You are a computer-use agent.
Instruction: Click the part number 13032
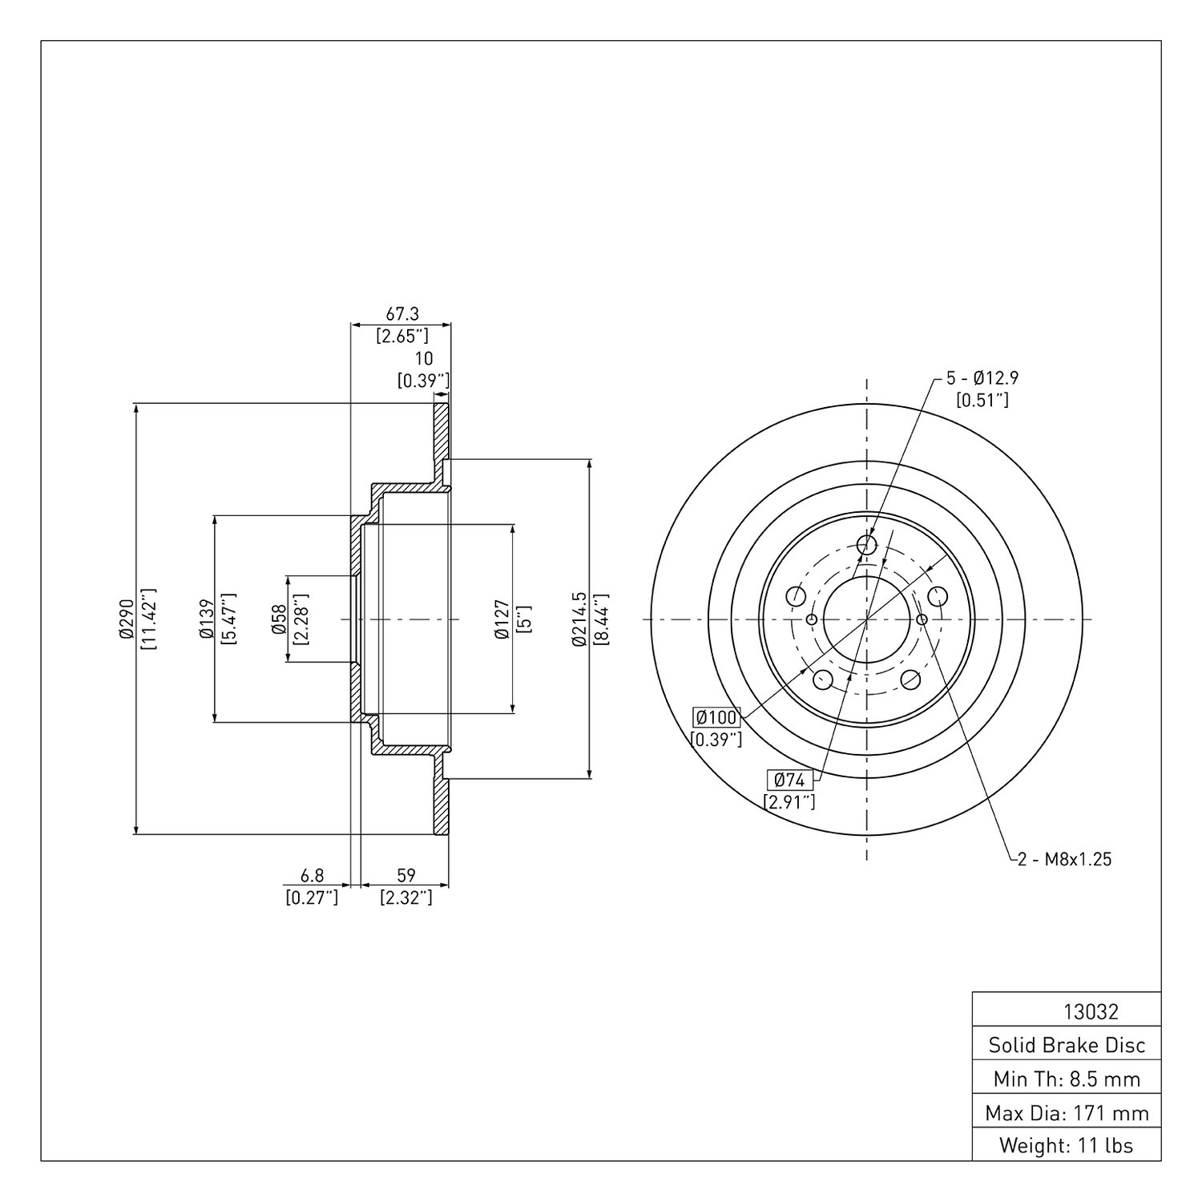tap(1091, 1011)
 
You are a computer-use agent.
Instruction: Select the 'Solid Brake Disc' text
tap(1067, 1045)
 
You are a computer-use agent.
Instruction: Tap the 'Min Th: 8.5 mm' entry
tap(1067, 1079)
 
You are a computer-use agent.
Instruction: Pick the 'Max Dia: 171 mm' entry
tap(1067, 1113)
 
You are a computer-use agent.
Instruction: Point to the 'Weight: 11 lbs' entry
tap(1067, 1146)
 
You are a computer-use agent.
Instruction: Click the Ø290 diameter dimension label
tap(125, 619)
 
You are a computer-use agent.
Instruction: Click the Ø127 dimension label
tap(502, 619)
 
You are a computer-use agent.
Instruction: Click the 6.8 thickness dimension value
tap(312, 877)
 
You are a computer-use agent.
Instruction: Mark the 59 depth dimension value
tap(406, 877)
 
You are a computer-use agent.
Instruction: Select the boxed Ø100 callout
tap(716, 716)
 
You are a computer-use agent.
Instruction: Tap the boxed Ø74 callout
tap(790, 779)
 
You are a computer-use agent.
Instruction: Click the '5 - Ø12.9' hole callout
tap(982, 377)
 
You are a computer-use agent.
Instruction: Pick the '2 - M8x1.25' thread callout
tap(1064, 860)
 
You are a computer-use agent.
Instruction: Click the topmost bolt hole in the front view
tap(866, 546)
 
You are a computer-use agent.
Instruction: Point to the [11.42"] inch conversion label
tap(148, 619)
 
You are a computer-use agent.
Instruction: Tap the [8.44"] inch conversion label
tap(602, 619)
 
